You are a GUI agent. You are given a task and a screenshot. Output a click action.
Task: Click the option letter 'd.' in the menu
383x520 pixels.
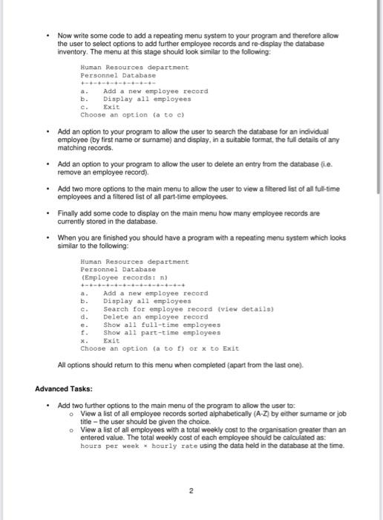click(84, 317)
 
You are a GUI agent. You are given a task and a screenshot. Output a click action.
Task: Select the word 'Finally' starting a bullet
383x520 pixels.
click(68, 213)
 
